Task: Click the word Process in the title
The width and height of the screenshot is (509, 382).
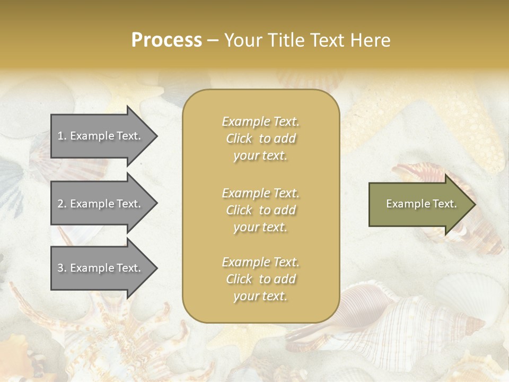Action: pyautogui.click(x=166, y=40)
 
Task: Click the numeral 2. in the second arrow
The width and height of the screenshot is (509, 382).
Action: pyautogui.click(x=62, y=204)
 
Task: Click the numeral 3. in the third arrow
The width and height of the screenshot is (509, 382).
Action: pyautogui.click(x=62, y=268)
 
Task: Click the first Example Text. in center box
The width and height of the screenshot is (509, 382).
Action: pyautogui.click(x=260, y=121)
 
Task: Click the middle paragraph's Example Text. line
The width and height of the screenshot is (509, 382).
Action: pyautogui.click(x=260, y=193)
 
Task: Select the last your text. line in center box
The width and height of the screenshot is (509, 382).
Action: pyautogui.click(x=260, y=297)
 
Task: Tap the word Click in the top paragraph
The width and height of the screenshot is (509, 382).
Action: pyautogui.click(x=239, y=138)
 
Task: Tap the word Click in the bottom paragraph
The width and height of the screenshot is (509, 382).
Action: pyautogui.click(x=239, y=279)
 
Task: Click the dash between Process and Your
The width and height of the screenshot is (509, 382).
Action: pyautogui.click(x=213, y=40)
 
